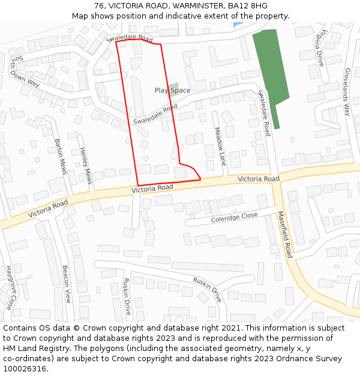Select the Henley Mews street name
(x=85, y=166)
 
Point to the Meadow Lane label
(x=220, y=146)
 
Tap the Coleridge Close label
(x=234, y=217)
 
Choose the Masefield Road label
(x=284, y=234)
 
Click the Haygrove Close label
(x=11, y=288)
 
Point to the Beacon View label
(x=67, y=284)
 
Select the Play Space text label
(x=172, y=91)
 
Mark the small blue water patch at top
(x=236, y=24)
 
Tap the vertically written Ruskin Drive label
(x=127, y=296)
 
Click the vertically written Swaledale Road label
(x=264, y=113)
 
